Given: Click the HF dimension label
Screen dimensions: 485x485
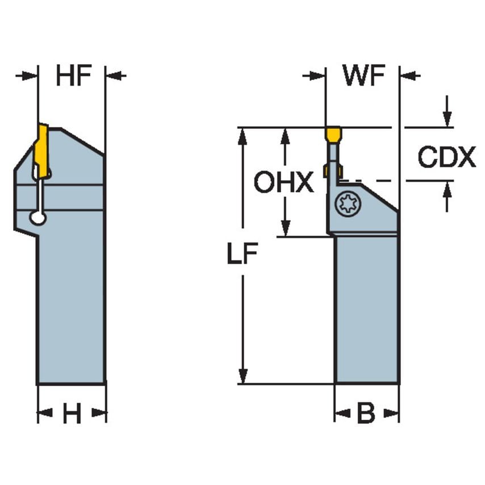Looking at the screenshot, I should (73, 77).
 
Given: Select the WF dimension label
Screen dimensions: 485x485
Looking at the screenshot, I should (363, 77).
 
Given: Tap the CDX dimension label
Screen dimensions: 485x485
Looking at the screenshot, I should (446, 157).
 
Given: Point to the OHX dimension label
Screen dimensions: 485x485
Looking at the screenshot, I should (283, 183).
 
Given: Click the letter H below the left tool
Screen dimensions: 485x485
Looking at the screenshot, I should (72, 415).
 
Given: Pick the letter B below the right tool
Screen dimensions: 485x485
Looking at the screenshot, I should (366, 415).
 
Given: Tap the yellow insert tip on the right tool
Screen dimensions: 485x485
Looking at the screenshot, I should (333, 134).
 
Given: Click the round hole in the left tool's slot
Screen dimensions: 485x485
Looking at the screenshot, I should (38, 218).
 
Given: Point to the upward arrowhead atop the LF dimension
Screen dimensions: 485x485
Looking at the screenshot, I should (243, 135).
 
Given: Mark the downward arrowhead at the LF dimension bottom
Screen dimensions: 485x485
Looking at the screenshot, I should (243, 376).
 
